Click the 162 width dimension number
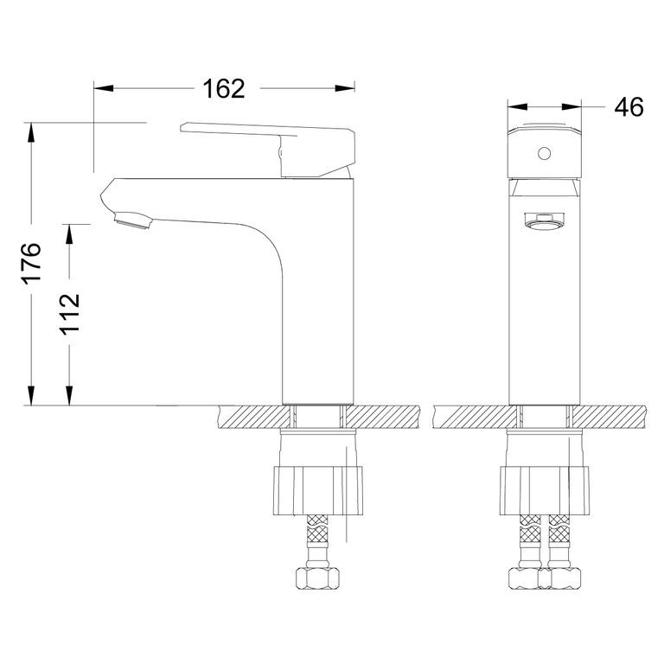point(223,88)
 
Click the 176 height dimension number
point(31,263)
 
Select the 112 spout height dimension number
point(70,315)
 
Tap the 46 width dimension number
point(629,107)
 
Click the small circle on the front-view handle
point(543,155)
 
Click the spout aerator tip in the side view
point(132,222)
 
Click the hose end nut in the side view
point(318,578)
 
